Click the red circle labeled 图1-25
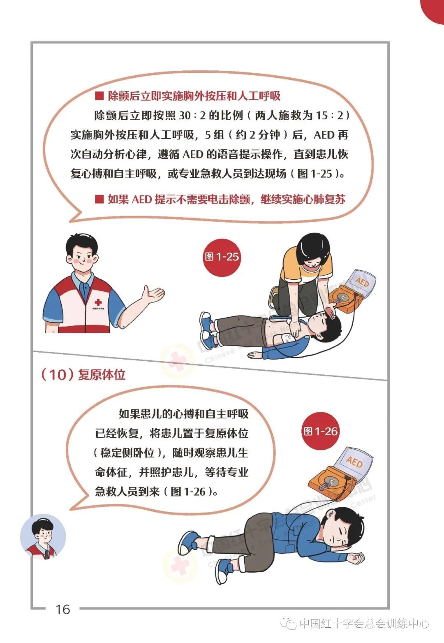tap(222, 258)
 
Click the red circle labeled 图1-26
tap(321, 432)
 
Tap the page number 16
tap(63, 609)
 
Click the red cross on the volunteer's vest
tap(98, 302)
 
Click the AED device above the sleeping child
tap(341, 473)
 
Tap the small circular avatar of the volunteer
tap(43, 536)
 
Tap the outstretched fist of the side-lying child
tap(356, 558)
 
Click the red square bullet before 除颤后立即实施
tap(99, 96)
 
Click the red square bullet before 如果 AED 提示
tap(99, 200)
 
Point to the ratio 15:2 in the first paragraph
tap(329, 116)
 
